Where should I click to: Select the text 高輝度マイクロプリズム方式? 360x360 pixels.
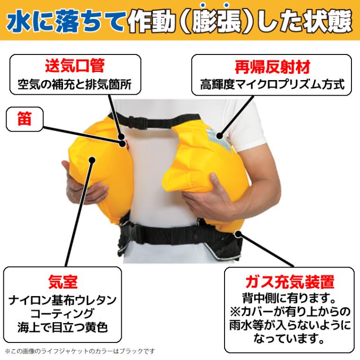(x=270, y=87)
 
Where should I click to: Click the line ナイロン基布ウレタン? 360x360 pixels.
(x=63, y=300)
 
